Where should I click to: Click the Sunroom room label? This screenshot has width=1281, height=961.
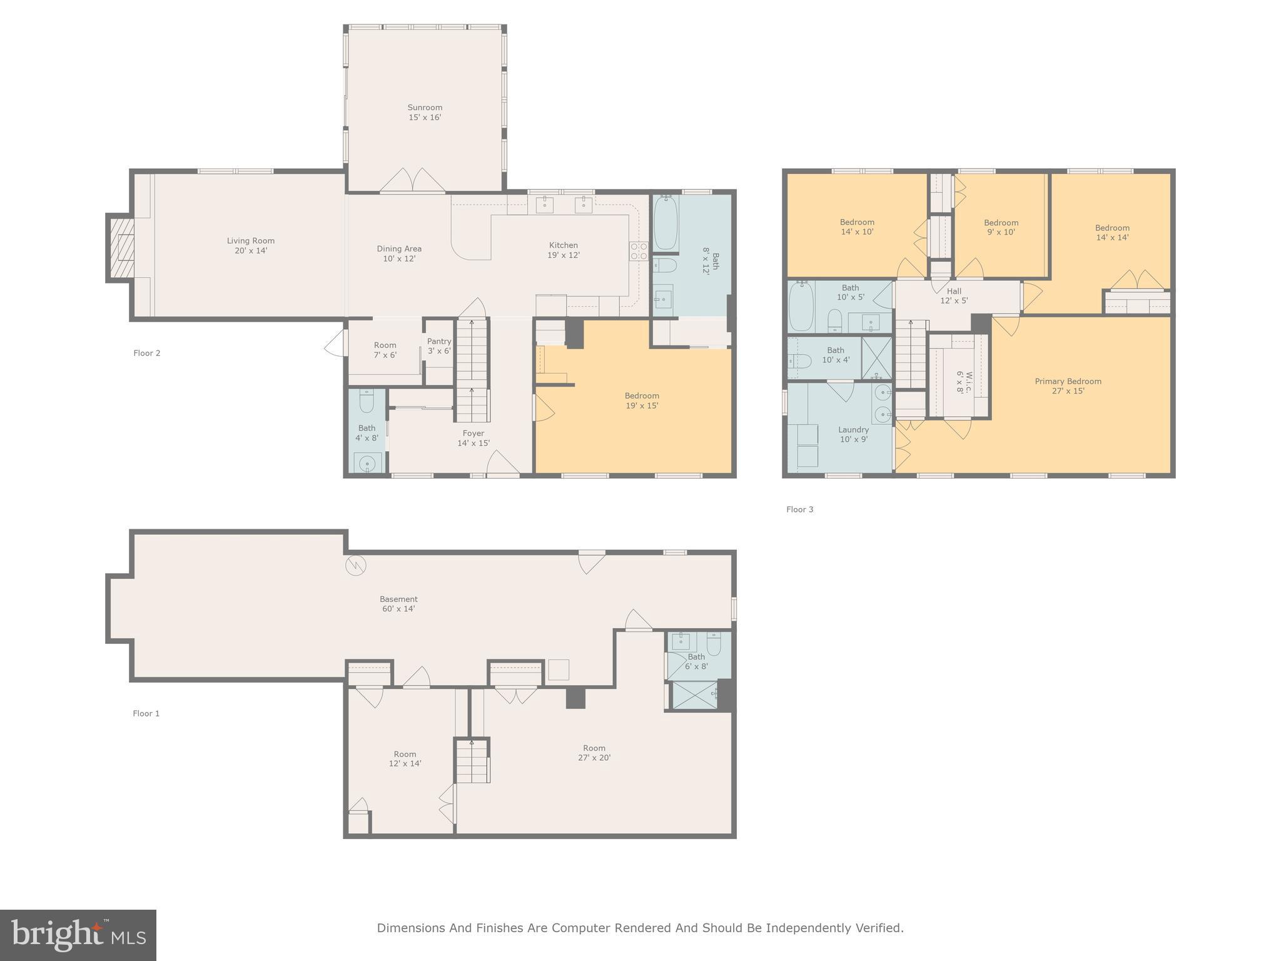[x=425, y=113]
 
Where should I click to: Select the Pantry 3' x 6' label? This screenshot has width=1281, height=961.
[x=439, y=346]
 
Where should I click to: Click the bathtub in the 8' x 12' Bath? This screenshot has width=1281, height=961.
[x=666, y=223]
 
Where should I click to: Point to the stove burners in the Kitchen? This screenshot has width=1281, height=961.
[x=639, y=251]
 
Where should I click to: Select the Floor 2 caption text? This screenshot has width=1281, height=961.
[x=147, y=353]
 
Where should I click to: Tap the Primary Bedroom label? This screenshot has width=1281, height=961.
[x=1068, y=386]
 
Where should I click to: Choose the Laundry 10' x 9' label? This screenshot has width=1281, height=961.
[x=853, y=434]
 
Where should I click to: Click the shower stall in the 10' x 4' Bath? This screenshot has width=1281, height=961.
[x=876, y=358]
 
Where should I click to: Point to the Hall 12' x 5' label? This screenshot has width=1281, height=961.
[x=954, y=295]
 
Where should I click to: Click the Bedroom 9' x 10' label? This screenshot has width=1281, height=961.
[x=1001, y=227]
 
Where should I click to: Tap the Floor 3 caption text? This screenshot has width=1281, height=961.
[x=800, y=509]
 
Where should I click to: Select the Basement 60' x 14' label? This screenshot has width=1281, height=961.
[x=398, y=604]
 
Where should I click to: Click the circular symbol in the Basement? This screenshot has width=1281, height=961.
[x=355, y=566]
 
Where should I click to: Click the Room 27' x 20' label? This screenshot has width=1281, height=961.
[x=594, y=753]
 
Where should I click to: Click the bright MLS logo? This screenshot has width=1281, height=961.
[x=78, y=935]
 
